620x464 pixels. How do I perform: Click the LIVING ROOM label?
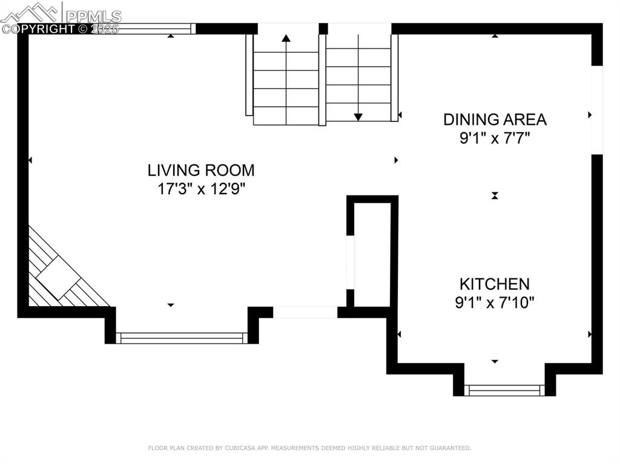coord(201,170)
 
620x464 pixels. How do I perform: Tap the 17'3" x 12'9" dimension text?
coord(201,189)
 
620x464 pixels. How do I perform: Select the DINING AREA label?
coord(495,119)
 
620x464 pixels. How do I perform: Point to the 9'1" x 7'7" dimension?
coord(495,139)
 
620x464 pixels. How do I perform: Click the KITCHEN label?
coord(494,284)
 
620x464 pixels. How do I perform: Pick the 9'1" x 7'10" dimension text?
coord(494,302)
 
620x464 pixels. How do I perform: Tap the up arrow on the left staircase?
coord(286,39)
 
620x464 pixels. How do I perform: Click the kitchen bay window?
coord(504,390)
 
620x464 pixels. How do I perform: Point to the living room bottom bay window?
coord(182,338)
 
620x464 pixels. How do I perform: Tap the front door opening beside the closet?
coord(305,312)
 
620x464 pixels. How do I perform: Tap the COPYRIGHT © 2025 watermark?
coord(61,28)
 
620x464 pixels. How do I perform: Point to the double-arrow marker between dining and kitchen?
coord(495,195)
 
